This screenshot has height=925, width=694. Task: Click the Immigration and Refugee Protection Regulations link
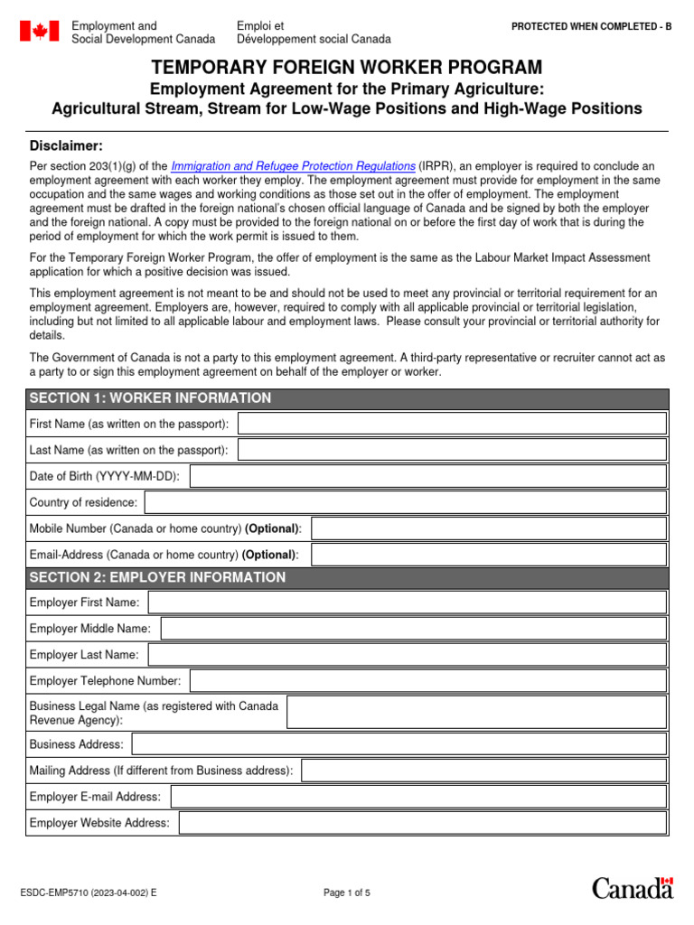(x=293, y=167)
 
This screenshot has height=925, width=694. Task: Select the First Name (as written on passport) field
(x=452, y=424)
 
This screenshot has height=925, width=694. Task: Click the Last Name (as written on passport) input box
(x=452, y=450)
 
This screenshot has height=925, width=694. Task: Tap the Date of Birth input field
(x=428, y=476)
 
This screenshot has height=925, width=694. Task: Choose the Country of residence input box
(x=406, y=502)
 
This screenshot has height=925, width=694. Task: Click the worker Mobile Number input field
(x=489, y=528)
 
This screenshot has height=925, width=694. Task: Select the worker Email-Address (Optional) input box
(x=489, y=555)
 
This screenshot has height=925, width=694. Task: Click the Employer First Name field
(x=408, y=603)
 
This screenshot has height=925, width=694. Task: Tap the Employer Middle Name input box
(x=414, y=629)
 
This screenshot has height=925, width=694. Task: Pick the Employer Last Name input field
(x=408, y=655)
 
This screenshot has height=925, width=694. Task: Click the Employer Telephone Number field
(x=428, y=681)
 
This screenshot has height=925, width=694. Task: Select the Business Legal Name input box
(x=477, y=713)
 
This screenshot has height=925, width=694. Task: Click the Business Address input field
(x=399, y=744)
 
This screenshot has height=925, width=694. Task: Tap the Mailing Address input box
(x=484, y=771)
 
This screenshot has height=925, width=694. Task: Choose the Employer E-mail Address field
(x=418, y=797)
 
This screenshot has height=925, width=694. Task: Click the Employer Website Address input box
(x=423, y=823)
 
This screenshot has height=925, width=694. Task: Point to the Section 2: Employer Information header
(x=157, y=578)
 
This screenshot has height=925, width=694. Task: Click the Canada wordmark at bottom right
(x=633, y=888)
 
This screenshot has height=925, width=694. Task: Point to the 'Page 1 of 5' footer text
(x=347, y=893)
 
